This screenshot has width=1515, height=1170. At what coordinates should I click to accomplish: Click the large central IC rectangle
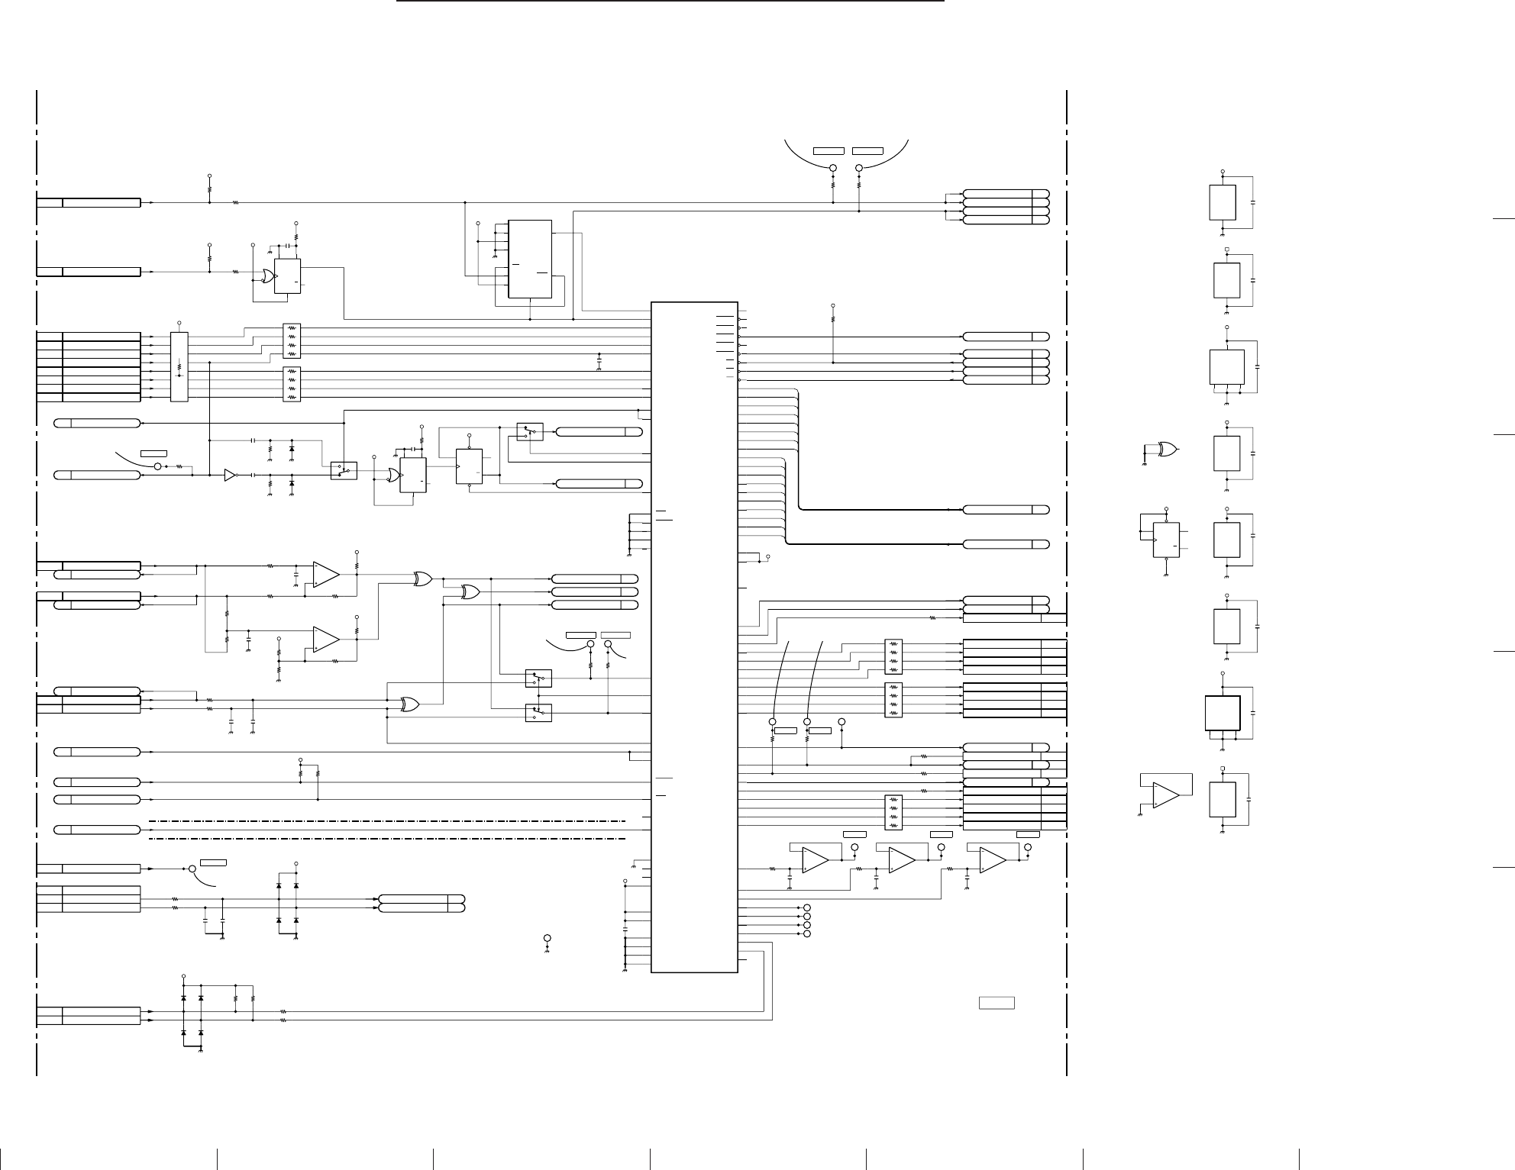point(694,637)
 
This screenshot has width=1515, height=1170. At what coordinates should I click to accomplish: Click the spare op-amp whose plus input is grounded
point(1165,795)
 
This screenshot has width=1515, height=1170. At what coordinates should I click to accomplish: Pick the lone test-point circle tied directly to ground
point(548,937)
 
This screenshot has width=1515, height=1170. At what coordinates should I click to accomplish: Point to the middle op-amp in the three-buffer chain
point(902,860)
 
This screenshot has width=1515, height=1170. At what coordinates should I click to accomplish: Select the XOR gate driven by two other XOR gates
point(470,591)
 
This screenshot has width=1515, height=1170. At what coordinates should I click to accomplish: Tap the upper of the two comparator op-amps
point(326,575)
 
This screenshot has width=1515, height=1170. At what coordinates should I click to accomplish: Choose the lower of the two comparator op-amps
point(326,640)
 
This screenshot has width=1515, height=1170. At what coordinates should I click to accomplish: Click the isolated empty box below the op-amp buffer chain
point(997,1002)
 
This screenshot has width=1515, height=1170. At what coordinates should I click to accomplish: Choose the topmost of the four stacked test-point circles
point(807,907)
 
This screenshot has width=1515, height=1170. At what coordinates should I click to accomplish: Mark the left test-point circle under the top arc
point(833,168)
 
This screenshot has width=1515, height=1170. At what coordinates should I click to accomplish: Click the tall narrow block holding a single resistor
point(179,367)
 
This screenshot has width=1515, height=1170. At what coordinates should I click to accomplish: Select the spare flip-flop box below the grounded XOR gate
point(1166,540)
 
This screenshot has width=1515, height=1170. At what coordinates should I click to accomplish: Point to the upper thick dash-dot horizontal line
point(387,821)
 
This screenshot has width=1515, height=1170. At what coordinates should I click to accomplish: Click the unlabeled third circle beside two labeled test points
point(841,721)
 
